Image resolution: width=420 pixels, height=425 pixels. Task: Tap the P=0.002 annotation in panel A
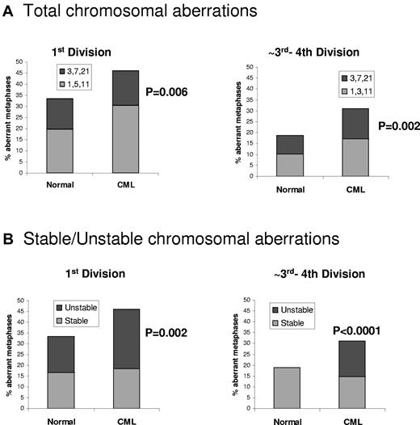390,127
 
